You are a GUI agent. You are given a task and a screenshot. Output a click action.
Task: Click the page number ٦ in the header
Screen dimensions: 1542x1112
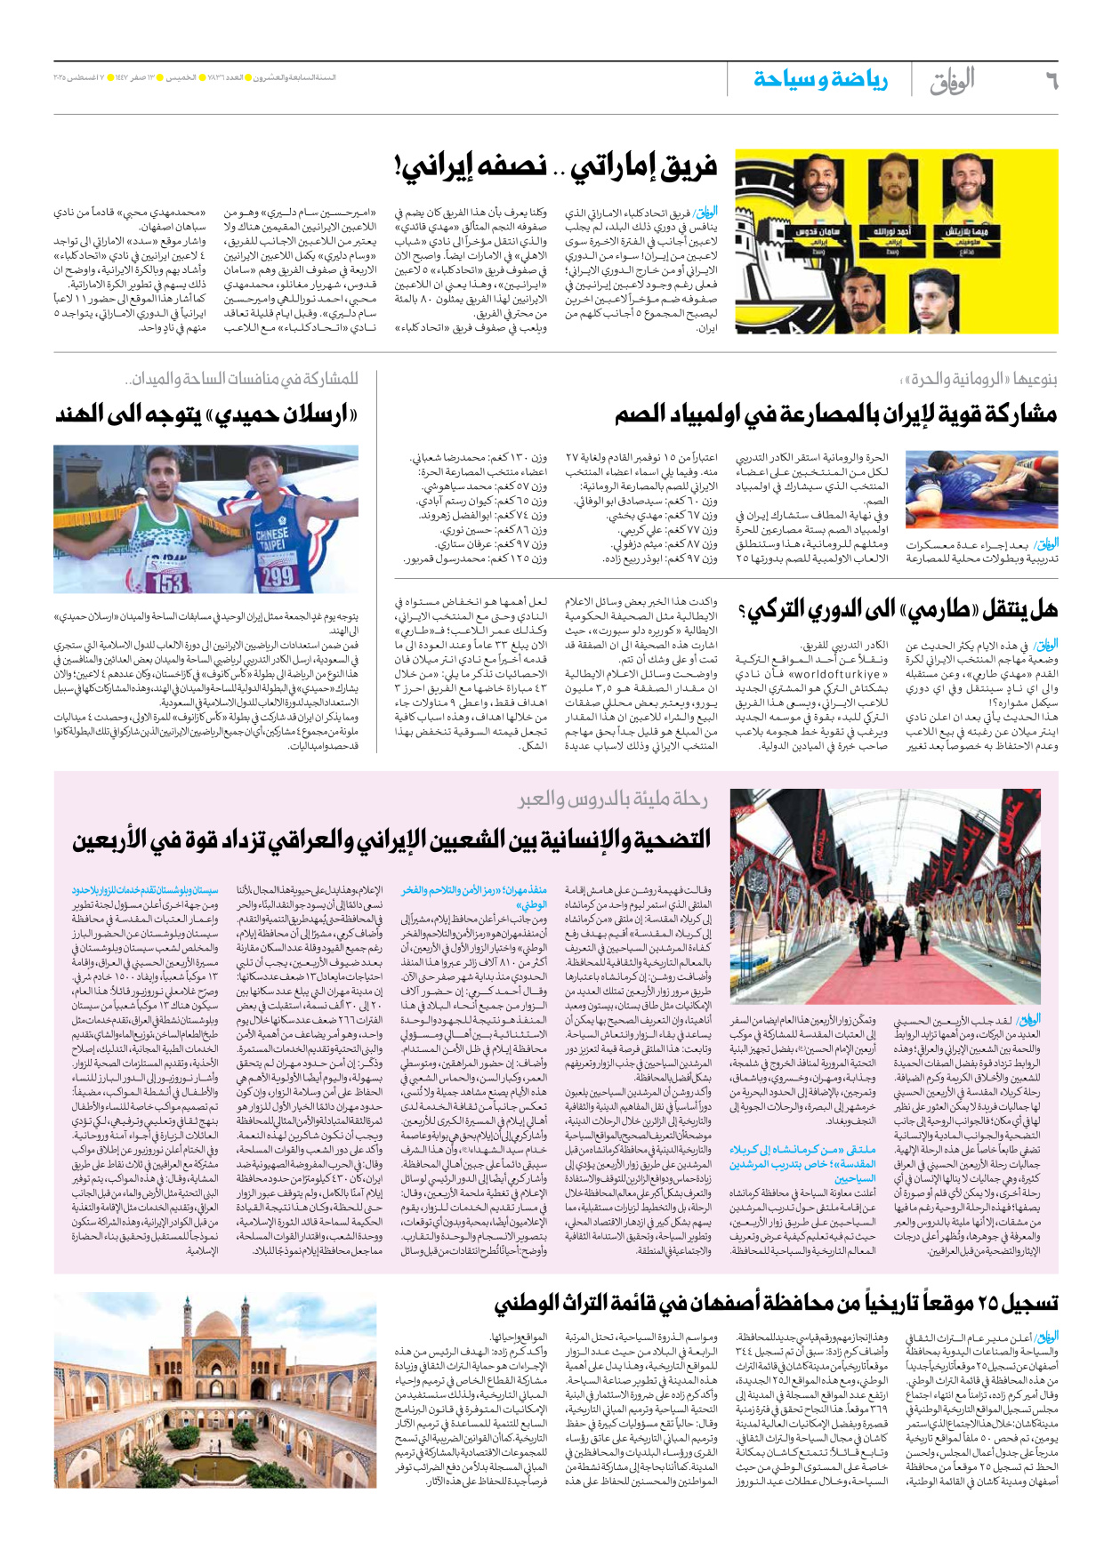[x=1051, y=81]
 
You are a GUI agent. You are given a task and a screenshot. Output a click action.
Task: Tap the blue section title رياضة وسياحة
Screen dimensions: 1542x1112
[x=820, y=80]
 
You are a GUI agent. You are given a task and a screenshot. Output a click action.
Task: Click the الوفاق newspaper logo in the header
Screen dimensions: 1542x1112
[x=951, y=82]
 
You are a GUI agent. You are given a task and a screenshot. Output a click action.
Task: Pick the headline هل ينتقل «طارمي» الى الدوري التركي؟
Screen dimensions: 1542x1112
[x=898, y=609]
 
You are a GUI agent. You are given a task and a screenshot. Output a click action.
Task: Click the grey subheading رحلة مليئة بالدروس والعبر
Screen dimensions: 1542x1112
[x=613, y=799]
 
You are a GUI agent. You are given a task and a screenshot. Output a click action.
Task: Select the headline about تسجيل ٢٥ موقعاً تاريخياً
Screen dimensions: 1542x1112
[x=776, y=1304]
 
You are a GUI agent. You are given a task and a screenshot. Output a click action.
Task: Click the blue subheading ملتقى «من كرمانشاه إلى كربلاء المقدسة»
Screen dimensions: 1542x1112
[x=804, y=1156]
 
